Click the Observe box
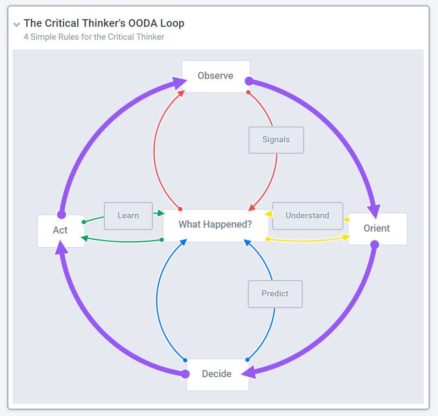pyautogui.click(x=216, y=76)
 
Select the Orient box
pyautogui.click(x=377, y=229)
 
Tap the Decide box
pyautogui.click(x=217, y=374)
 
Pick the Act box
pyautogui.click(x=61, y=231)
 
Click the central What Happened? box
pyautogui.click(x=216, y=225)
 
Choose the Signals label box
pyautogui.click(x=276, y=140)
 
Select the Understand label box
pyautogui.click(x=307, y=216)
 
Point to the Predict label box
pyautogui.click(x=275, y=294)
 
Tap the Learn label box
pyautogui.click(x=128, y=216)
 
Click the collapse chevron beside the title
pyautogui.click(x=17, y=25)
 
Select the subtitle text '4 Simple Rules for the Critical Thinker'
pyautogui.click(x=94, y=37)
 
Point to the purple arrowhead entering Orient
pyautogui.click(x=374, y=211)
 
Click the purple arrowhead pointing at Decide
pyautogui.click(x=249, y=372)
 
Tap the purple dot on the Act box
pyautogui.click(x=61, y=215)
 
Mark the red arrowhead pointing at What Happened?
pyautogui.click(x=252, y=207)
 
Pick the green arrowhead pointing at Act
pyautogui.click(x=84, y=238)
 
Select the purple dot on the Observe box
pyautogui.click(x=249, y=81)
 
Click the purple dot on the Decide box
pyautogui.click(x=185, y=374)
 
